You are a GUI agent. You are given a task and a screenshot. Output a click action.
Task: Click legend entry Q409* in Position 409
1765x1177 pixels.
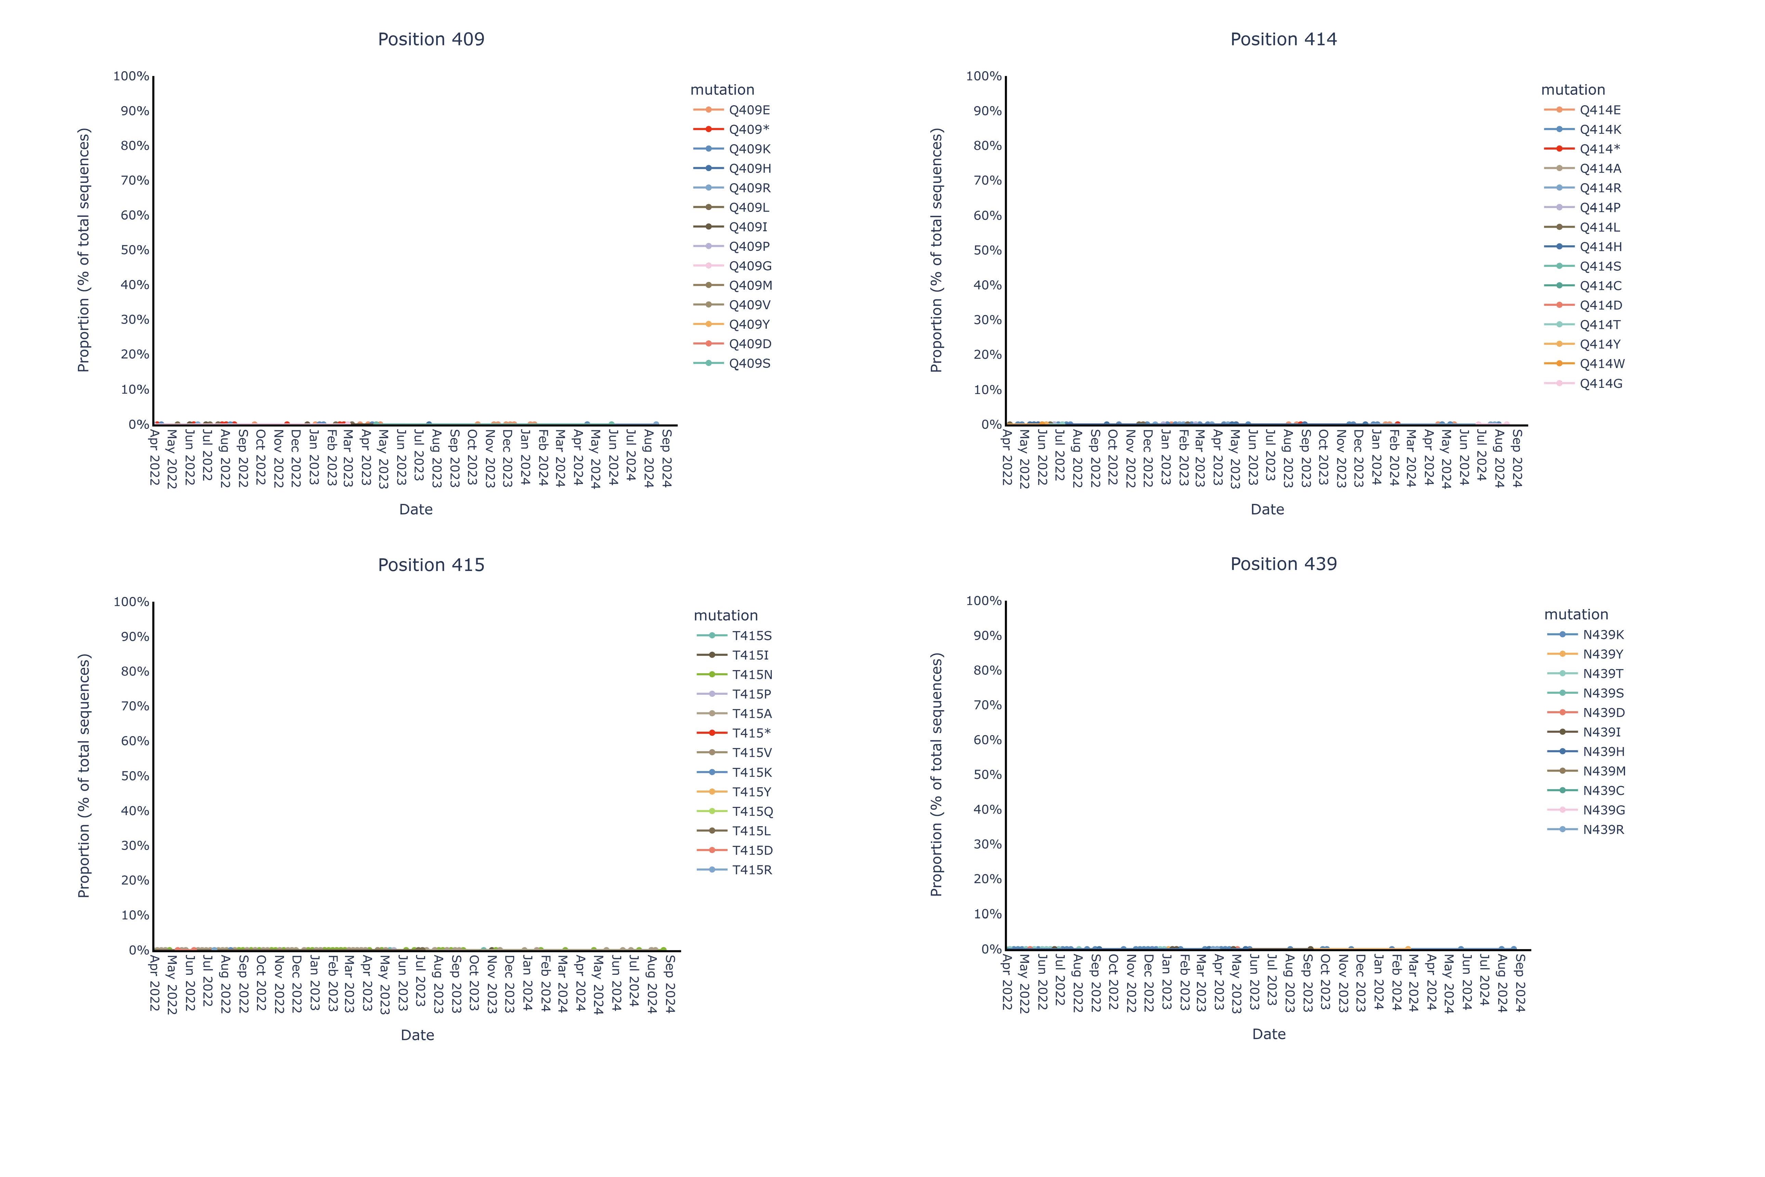coord(749,129)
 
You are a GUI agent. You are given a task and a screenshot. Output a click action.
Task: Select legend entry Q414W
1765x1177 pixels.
coord(1601,363)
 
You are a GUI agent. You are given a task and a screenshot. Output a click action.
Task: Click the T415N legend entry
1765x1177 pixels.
coord(752,674)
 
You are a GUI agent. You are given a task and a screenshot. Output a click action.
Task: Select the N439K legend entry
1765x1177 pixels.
coord(1603,634)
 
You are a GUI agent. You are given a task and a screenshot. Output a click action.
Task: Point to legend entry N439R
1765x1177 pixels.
coord(1603,829)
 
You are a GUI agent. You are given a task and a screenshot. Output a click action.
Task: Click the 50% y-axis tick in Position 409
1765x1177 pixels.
coord(135,250)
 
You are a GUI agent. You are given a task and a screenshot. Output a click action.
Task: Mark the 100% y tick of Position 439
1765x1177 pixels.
coord(984,601)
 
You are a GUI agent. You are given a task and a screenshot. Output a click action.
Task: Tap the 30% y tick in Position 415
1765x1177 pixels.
coord(135,845)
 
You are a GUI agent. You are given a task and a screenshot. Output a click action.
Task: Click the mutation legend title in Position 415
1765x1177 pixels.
coord(725,616)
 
